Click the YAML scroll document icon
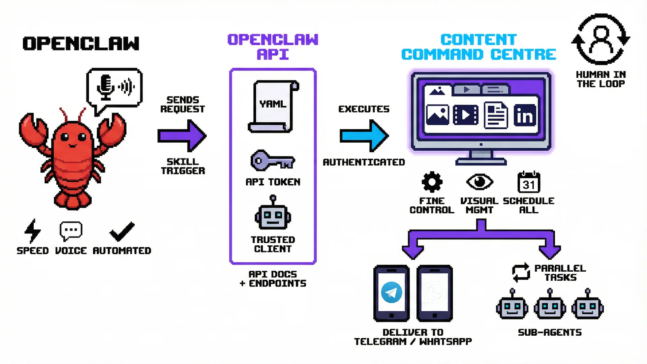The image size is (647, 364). [x=273, y=106]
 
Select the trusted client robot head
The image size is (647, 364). [x=273, y=216]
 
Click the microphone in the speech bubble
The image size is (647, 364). [x=105, y=87]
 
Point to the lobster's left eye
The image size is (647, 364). [x=65, y=137]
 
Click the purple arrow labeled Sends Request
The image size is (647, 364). [x=182, y=136]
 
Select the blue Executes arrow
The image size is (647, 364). [x=364, y=136]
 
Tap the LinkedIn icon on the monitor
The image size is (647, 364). [x=525, y=115]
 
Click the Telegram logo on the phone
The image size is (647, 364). [x=391, y=293]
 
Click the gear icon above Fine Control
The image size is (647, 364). [x=432, y=182]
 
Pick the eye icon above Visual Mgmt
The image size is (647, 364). [x=480, y=182]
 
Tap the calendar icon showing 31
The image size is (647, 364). [x=528, y=182]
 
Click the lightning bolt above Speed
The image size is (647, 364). [x=33, y=231]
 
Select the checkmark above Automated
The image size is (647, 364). [x=122, y=232]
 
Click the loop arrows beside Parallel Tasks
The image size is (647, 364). [x=521, y=272]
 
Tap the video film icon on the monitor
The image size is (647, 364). [x=466, y=115]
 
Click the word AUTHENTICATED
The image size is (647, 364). [x=364, y=162]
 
